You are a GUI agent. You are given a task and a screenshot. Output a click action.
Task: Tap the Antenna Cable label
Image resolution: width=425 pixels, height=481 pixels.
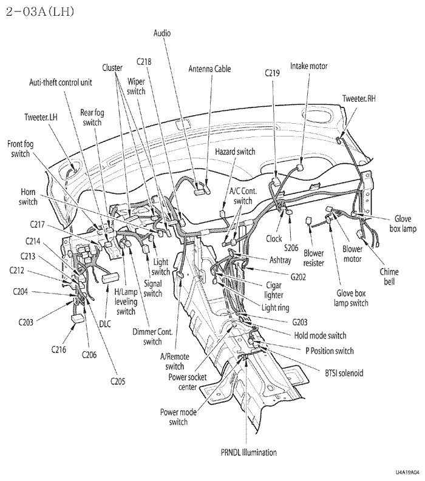tap(209, 69)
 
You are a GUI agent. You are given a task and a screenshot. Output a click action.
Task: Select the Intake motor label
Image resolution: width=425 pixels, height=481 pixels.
tap(309, 65)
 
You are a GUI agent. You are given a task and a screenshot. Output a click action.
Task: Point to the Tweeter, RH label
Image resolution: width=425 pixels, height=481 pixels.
tap(358, 99)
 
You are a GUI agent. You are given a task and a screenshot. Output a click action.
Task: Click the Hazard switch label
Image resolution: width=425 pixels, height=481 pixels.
tap(235, 151)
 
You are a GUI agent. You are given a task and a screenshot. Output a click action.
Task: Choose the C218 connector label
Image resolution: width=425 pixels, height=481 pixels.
tap(144, 61)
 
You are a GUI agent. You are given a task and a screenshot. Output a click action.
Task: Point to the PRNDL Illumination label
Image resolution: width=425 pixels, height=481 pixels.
tap(248, 452)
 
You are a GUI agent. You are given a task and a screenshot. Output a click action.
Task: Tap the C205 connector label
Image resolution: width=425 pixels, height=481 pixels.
tap(118, 381)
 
